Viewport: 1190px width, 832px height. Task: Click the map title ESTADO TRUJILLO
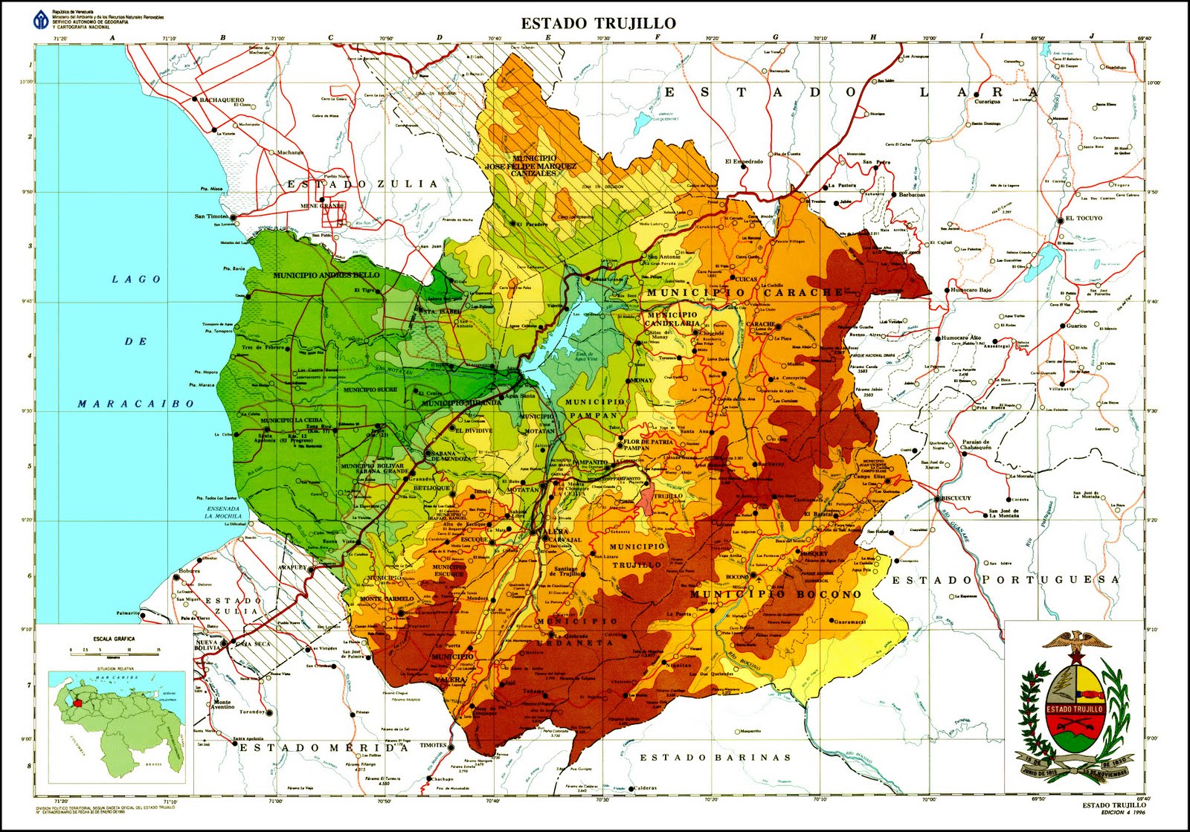coord(598,24)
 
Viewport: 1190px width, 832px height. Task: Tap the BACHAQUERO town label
coord(222,100)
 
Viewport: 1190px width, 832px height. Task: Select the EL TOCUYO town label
coord(1084,219)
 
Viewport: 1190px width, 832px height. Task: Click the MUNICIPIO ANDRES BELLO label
coord(326,276)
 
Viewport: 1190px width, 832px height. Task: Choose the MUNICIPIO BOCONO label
coord(776,595)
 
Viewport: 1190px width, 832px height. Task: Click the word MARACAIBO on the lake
coord(136,404)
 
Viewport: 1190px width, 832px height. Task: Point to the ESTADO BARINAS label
coord(715,758)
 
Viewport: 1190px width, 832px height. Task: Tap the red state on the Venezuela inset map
coord(78,701)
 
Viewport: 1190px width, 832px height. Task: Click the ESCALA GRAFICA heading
coord(114,639)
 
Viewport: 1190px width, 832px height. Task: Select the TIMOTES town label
coord(433,745)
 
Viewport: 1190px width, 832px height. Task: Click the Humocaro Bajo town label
coord(971,290)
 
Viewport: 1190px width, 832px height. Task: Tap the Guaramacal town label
coord(850,622)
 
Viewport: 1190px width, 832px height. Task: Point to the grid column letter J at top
coord(1092,36)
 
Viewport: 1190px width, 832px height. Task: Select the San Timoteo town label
coord(211,216)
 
